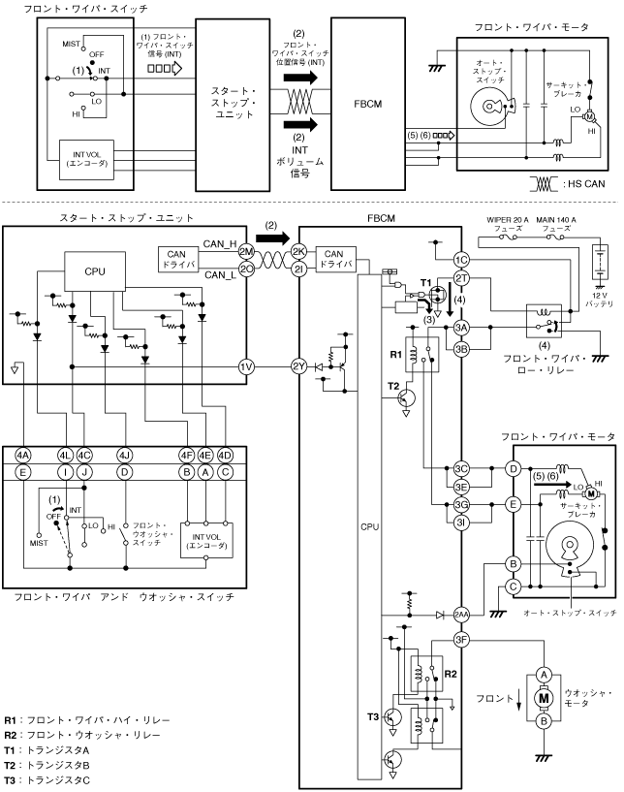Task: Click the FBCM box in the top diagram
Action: (367, 104)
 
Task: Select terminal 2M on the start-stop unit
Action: (246, 251)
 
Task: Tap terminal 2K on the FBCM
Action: (298, 251)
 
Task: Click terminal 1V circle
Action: (246, 367)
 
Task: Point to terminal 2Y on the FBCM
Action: (298, 367)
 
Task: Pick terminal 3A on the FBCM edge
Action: (461, 328)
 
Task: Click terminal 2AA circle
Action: (461, 615)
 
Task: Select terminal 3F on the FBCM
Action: (461, 640)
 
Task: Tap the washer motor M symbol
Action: (544, 698)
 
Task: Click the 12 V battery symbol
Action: (600, 262)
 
